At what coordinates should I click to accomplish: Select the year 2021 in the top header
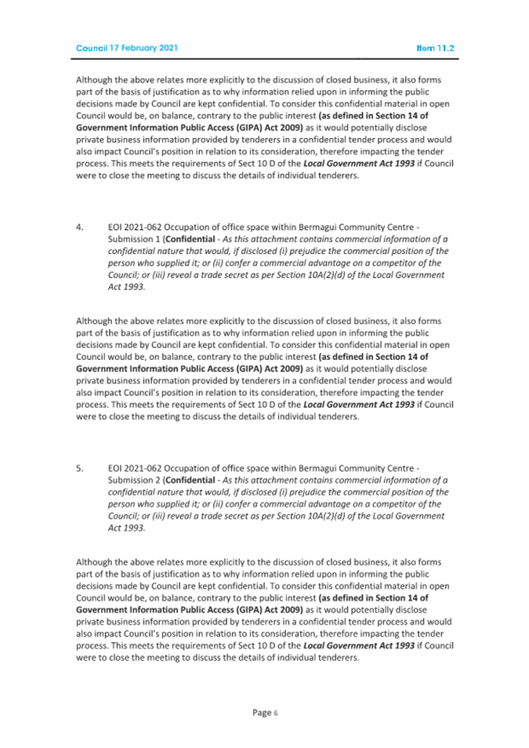167,49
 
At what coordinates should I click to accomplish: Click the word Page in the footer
261,713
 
